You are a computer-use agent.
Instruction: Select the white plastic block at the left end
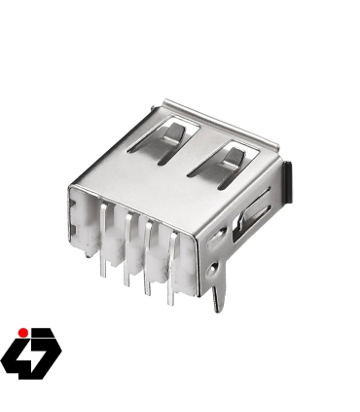(85, 225)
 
